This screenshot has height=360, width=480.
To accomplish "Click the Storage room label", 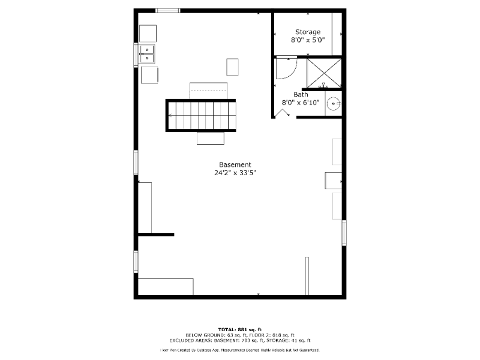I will click(x=307, y=32).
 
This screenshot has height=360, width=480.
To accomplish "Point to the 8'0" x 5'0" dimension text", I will click(x=307, y=41).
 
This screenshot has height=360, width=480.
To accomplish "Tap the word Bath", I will click(x=301, y=94).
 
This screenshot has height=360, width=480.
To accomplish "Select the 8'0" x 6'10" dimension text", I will click(x=300, y=103).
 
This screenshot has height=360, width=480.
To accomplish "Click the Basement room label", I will click(x=235, y=164).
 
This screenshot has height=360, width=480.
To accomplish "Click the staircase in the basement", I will click(x=201, y=115).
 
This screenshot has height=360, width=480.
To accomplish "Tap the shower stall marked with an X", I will click(x=324, y=72).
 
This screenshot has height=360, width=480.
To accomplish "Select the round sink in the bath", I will click(x=333, y=104).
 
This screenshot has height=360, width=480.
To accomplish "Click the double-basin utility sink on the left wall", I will click(x=147, y=54).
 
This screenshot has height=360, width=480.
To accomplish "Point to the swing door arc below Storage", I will click(x=287, y=68).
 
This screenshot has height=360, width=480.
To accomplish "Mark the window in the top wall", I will click(x=168, y=10).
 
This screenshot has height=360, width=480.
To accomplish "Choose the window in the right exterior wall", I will click(x=344, y=232).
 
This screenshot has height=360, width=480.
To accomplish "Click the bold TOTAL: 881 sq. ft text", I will click(x=239, y=329).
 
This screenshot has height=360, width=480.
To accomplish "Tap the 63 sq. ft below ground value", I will click(x=221, y=334).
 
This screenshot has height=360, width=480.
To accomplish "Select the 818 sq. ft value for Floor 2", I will click(x=282, y=334).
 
